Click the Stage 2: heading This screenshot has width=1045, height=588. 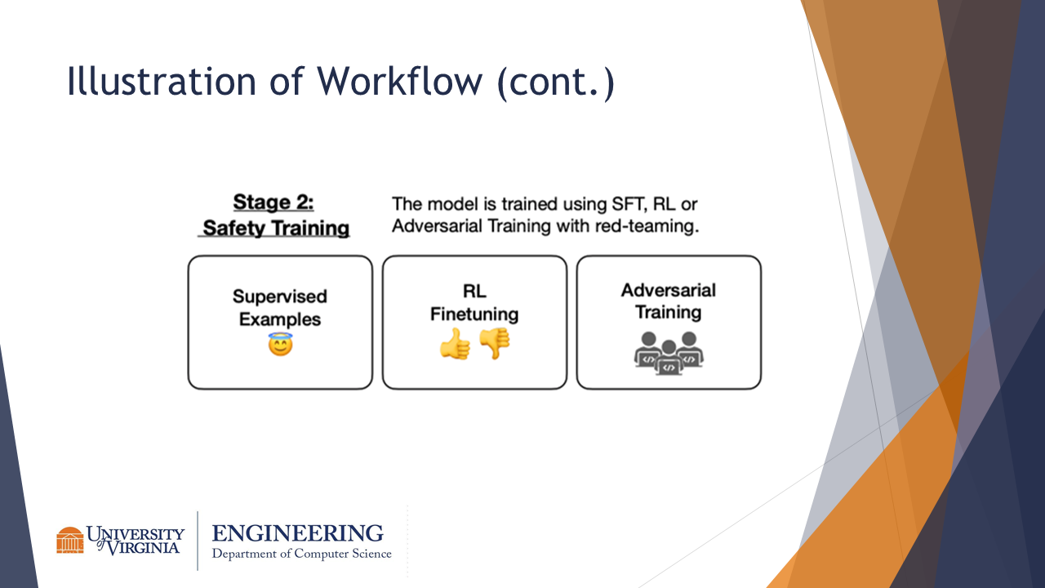click(273, 203)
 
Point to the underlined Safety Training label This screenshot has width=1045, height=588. click(276, 228)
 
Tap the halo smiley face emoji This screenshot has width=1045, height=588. click(280, 345)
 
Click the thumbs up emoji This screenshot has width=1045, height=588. click(455, 345)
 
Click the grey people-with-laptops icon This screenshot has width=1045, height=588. click(669, 352)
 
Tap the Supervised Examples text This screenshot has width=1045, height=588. click(280, 308)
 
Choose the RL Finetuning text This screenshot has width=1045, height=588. click(474, 303)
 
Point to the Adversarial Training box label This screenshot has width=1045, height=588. click(669, 301)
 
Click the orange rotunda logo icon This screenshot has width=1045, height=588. click(70, 540)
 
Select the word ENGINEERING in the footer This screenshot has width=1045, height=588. click(297, 534)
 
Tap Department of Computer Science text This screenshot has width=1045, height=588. click(301, 554)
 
